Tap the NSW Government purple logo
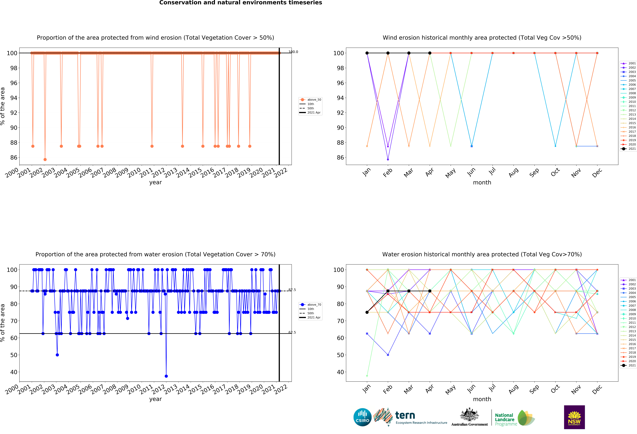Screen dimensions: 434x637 (x=574, y=417)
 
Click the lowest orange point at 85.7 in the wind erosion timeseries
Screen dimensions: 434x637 (x=45, y=159)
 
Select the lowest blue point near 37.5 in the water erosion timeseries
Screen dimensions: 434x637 (x=166, y=376)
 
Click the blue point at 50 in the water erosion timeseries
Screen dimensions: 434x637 (x=57, y=355)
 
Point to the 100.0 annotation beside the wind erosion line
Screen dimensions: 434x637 (x=293, y=52)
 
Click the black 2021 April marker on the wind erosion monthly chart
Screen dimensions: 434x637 (x=430, y=53)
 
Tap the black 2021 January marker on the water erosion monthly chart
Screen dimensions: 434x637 (x=367, y=312)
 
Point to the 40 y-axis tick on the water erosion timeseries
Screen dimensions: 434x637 (x=14, y=372)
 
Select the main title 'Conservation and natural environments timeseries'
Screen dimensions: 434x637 (x=241, y=3)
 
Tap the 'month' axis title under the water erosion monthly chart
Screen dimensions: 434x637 (x=482, y=399)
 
